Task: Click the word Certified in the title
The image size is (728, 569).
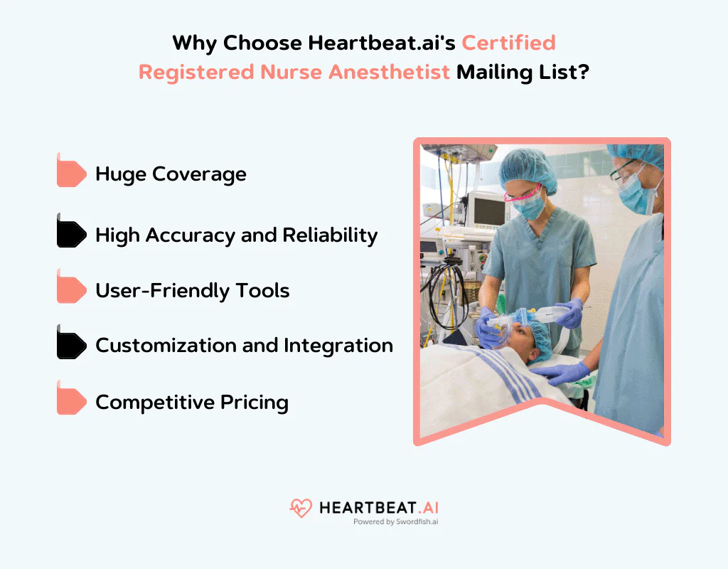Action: point(508,43)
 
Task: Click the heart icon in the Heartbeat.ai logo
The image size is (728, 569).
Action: point(301,508)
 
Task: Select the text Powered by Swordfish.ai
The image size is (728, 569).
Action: point(395,521)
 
